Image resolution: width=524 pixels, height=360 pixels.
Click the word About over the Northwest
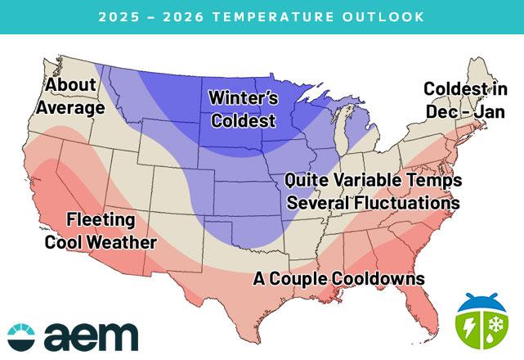click(x=71, y=85)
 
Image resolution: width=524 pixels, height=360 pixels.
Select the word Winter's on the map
click(x=244, y=98)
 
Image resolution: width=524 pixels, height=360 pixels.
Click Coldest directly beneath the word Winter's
click(x=244, y=120)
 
